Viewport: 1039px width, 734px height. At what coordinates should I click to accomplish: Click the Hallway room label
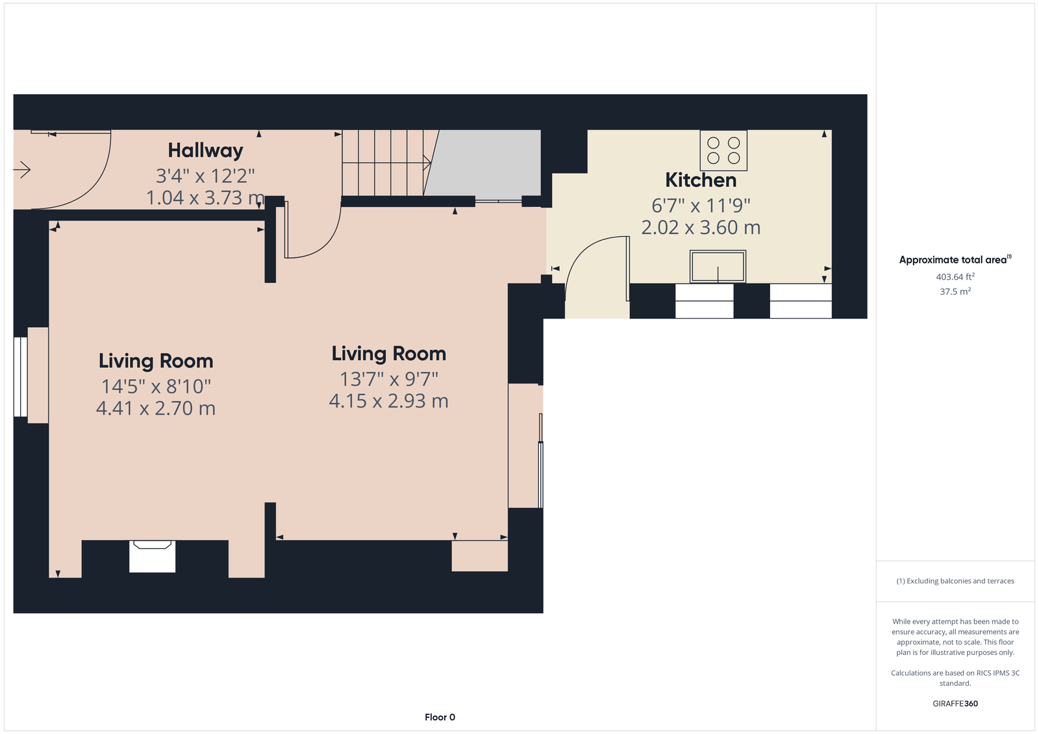[x=205, y=151]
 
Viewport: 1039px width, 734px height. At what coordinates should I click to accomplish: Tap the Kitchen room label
[x=701, y=180]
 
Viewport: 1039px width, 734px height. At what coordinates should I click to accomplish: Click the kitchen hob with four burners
[x=723, y=150]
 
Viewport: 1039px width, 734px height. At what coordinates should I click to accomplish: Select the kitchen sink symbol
[x=718, y=266]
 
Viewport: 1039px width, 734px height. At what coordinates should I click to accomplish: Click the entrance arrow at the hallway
[x=22, y=169]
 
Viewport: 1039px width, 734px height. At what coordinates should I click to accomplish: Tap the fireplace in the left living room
[x=152, y=556]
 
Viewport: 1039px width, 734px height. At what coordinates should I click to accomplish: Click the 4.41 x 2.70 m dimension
[x=156, y=408]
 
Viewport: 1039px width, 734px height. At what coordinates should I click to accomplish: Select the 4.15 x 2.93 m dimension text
[x=389, y=401]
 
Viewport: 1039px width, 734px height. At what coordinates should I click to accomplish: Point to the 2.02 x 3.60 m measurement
[x=701, y=228]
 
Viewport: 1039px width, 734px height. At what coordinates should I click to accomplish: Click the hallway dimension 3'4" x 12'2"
[x=205, y=176]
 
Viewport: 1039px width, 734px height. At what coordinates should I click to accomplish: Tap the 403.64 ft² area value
[x=955, y=277]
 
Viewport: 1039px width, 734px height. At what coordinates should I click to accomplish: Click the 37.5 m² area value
[x=955, y=291]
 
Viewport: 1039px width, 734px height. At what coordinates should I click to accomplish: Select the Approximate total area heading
[x=955, y=260]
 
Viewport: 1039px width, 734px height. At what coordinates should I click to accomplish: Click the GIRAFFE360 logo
[x=955, y=703]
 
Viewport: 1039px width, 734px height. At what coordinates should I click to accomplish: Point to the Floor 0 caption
[x=440, y=717]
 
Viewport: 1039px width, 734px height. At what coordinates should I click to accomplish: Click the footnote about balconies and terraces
[x=955, y=581]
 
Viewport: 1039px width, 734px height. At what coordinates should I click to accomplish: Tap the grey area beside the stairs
[x=482, y=163]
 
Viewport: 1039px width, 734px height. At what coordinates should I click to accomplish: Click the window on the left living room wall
[x=20, y=377]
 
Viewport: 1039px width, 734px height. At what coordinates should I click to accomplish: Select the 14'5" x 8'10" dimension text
[x=156, y=386]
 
